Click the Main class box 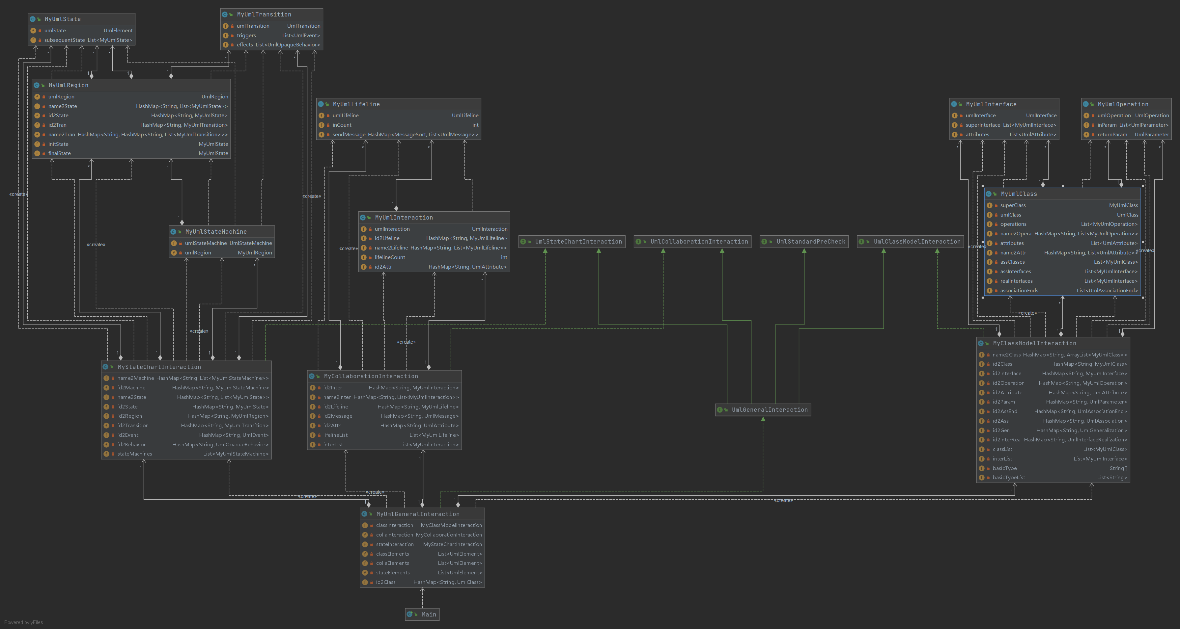422,614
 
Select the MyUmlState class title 63,19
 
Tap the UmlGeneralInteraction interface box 763,410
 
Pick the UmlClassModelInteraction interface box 911,242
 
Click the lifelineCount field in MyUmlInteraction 390,257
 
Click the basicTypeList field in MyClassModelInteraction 1009,478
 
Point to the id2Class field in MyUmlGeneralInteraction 386,582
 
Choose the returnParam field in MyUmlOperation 1112,135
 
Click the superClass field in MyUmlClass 1013,205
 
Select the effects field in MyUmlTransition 245,45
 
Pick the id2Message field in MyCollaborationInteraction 338,416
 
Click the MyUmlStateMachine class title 216,232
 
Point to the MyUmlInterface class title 991,104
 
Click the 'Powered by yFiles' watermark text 24,622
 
